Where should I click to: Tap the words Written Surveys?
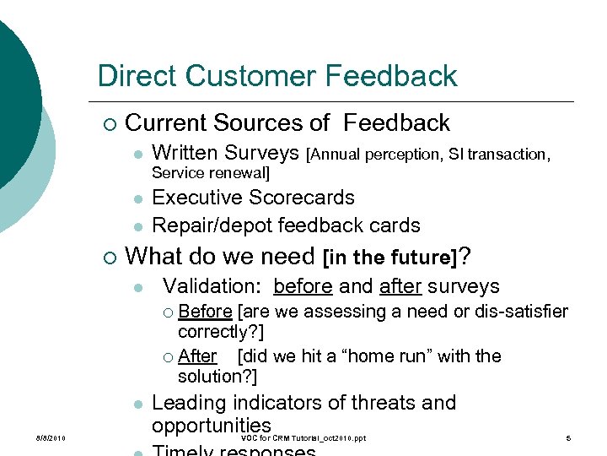[x=225, y=153]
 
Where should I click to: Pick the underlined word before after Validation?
[x=303, y=287]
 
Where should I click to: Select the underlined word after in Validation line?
[x=400, y=287]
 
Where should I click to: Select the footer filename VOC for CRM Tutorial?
[x=303, y=438]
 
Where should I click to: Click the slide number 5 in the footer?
[x=569, y=438]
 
